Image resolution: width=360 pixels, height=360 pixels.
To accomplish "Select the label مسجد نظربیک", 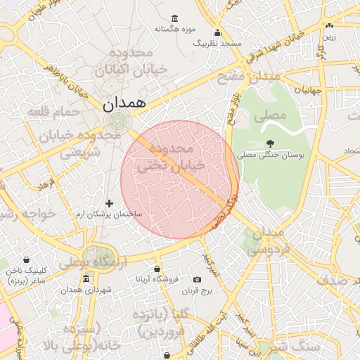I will pos(217,43).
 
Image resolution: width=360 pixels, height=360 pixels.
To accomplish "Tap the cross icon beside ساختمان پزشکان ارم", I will pos(109,203).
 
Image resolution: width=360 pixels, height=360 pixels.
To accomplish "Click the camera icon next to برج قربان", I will pos(197,280).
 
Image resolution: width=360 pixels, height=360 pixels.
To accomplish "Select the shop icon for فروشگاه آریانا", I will pos(157,269).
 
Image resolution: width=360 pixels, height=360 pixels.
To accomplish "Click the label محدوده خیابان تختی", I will pos(181,157).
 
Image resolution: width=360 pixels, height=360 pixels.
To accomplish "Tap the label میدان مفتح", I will pos(250,76).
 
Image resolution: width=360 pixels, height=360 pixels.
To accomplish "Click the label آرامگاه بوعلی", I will pos(95,262).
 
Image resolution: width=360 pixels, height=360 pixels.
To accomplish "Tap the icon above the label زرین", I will pos(329,26).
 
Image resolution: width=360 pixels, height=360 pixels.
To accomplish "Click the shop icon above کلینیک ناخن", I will pos(26,260).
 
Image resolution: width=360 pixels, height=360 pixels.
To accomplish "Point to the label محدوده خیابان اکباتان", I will pos(137,62).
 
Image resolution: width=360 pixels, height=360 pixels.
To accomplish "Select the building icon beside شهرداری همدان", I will pos(86,279).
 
